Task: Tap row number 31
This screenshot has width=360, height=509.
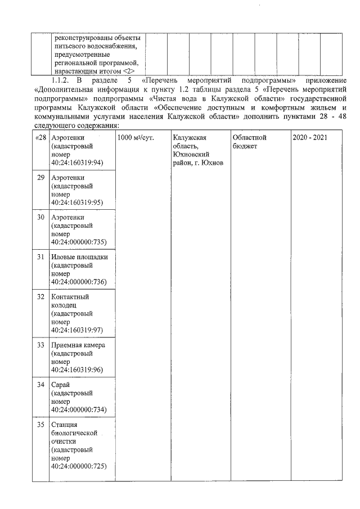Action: (x=40, y=257)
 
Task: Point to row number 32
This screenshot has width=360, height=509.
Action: (x=40, y=296)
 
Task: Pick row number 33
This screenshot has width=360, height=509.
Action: (x=40, y=345)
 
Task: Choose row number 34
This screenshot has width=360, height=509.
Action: (x=40, y=385)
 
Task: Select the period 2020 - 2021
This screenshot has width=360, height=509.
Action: (x=309, y=138)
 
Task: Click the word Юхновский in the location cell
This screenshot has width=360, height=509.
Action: (x=192, y=155)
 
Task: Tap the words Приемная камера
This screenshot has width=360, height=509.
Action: (x=78, y=345)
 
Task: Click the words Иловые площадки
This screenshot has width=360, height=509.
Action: (x=79, y=257)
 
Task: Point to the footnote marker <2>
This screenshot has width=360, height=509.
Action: (x=129, y=71)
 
